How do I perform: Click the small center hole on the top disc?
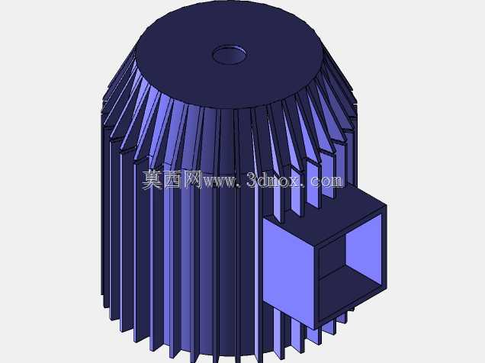point(230,55)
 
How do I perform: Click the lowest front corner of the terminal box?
point(315,329)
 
